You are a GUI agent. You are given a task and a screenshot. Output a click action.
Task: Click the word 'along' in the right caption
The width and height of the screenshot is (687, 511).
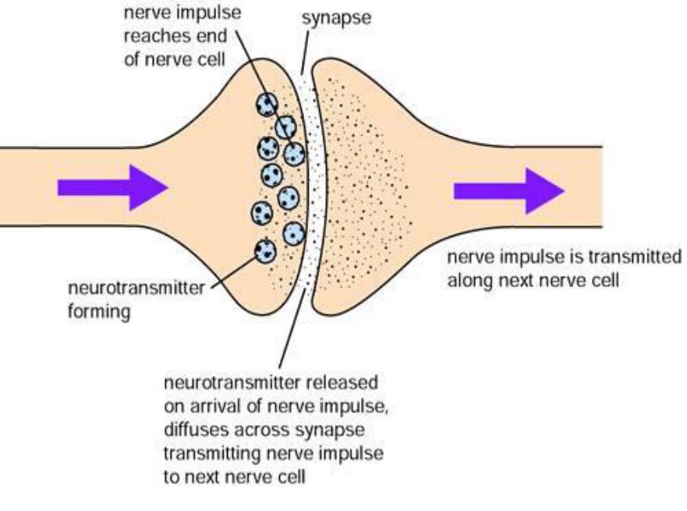click(467, 279)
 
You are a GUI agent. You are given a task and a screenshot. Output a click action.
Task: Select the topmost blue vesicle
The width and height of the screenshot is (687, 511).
click(267, 103)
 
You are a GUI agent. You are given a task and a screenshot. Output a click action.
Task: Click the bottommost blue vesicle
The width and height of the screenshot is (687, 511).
click(265, 251)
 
